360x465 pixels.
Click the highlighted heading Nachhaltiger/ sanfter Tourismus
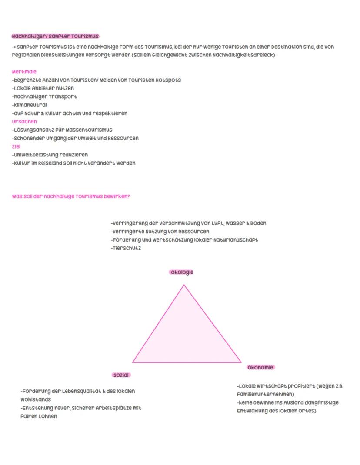(x=55, y=36)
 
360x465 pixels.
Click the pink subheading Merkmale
(x=24, y=72)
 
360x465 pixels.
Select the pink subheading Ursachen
(x=24, y=122)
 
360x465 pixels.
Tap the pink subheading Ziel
(x=17, y=146)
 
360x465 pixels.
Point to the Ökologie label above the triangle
(x=181, y=272)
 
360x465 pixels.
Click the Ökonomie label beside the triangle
(x=260, y=367)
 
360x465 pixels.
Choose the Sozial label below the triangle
(x=121, y=375)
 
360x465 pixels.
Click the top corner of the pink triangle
(x=184, y=285)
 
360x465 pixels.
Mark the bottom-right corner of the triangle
(x=240, y=362)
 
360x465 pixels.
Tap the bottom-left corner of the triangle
(x=133, y=362)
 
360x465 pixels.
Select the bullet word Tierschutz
(x=127, y=248)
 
